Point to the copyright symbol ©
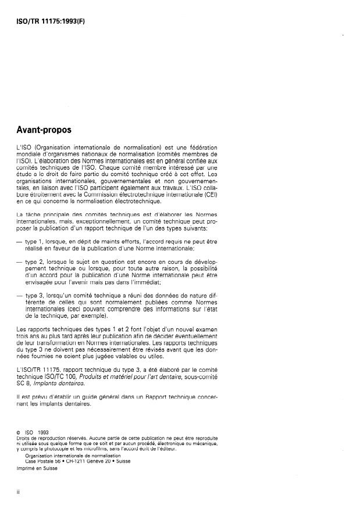click(x=20, y=432)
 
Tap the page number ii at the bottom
click(x=19, y=492)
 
